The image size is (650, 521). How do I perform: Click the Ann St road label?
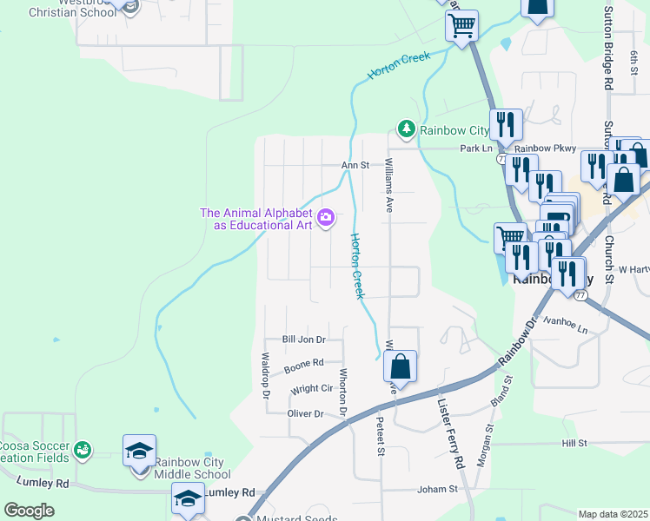tap(355, 165)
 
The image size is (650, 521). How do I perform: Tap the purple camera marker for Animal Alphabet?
tap(326, 217)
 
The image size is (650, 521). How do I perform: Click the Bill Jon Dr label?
tap(303, 340)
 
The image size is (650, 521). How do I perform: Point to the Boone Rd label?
tap(304, 366)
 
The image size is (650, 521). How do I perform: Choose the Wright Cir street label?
tap(312, 389)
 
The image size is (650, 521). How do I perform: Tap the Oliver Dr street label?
tap(305, 413)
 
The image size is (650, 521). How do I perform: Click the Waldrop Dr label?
tap(267, 375)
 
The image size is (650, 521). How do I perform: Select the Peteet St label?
tap(380, 435)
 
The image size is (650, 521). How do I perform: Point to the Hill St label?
tap(574, 444)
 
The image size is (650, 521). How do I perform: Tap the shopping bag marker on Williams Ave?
tap(400, 366)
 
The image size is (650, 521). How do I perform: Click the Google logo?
tap(29, 511)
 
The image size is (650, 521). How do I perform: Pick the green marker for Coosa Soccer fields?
tap(82, 449)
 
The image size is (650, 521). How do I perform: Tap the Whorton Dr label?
tap(343, 391)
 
